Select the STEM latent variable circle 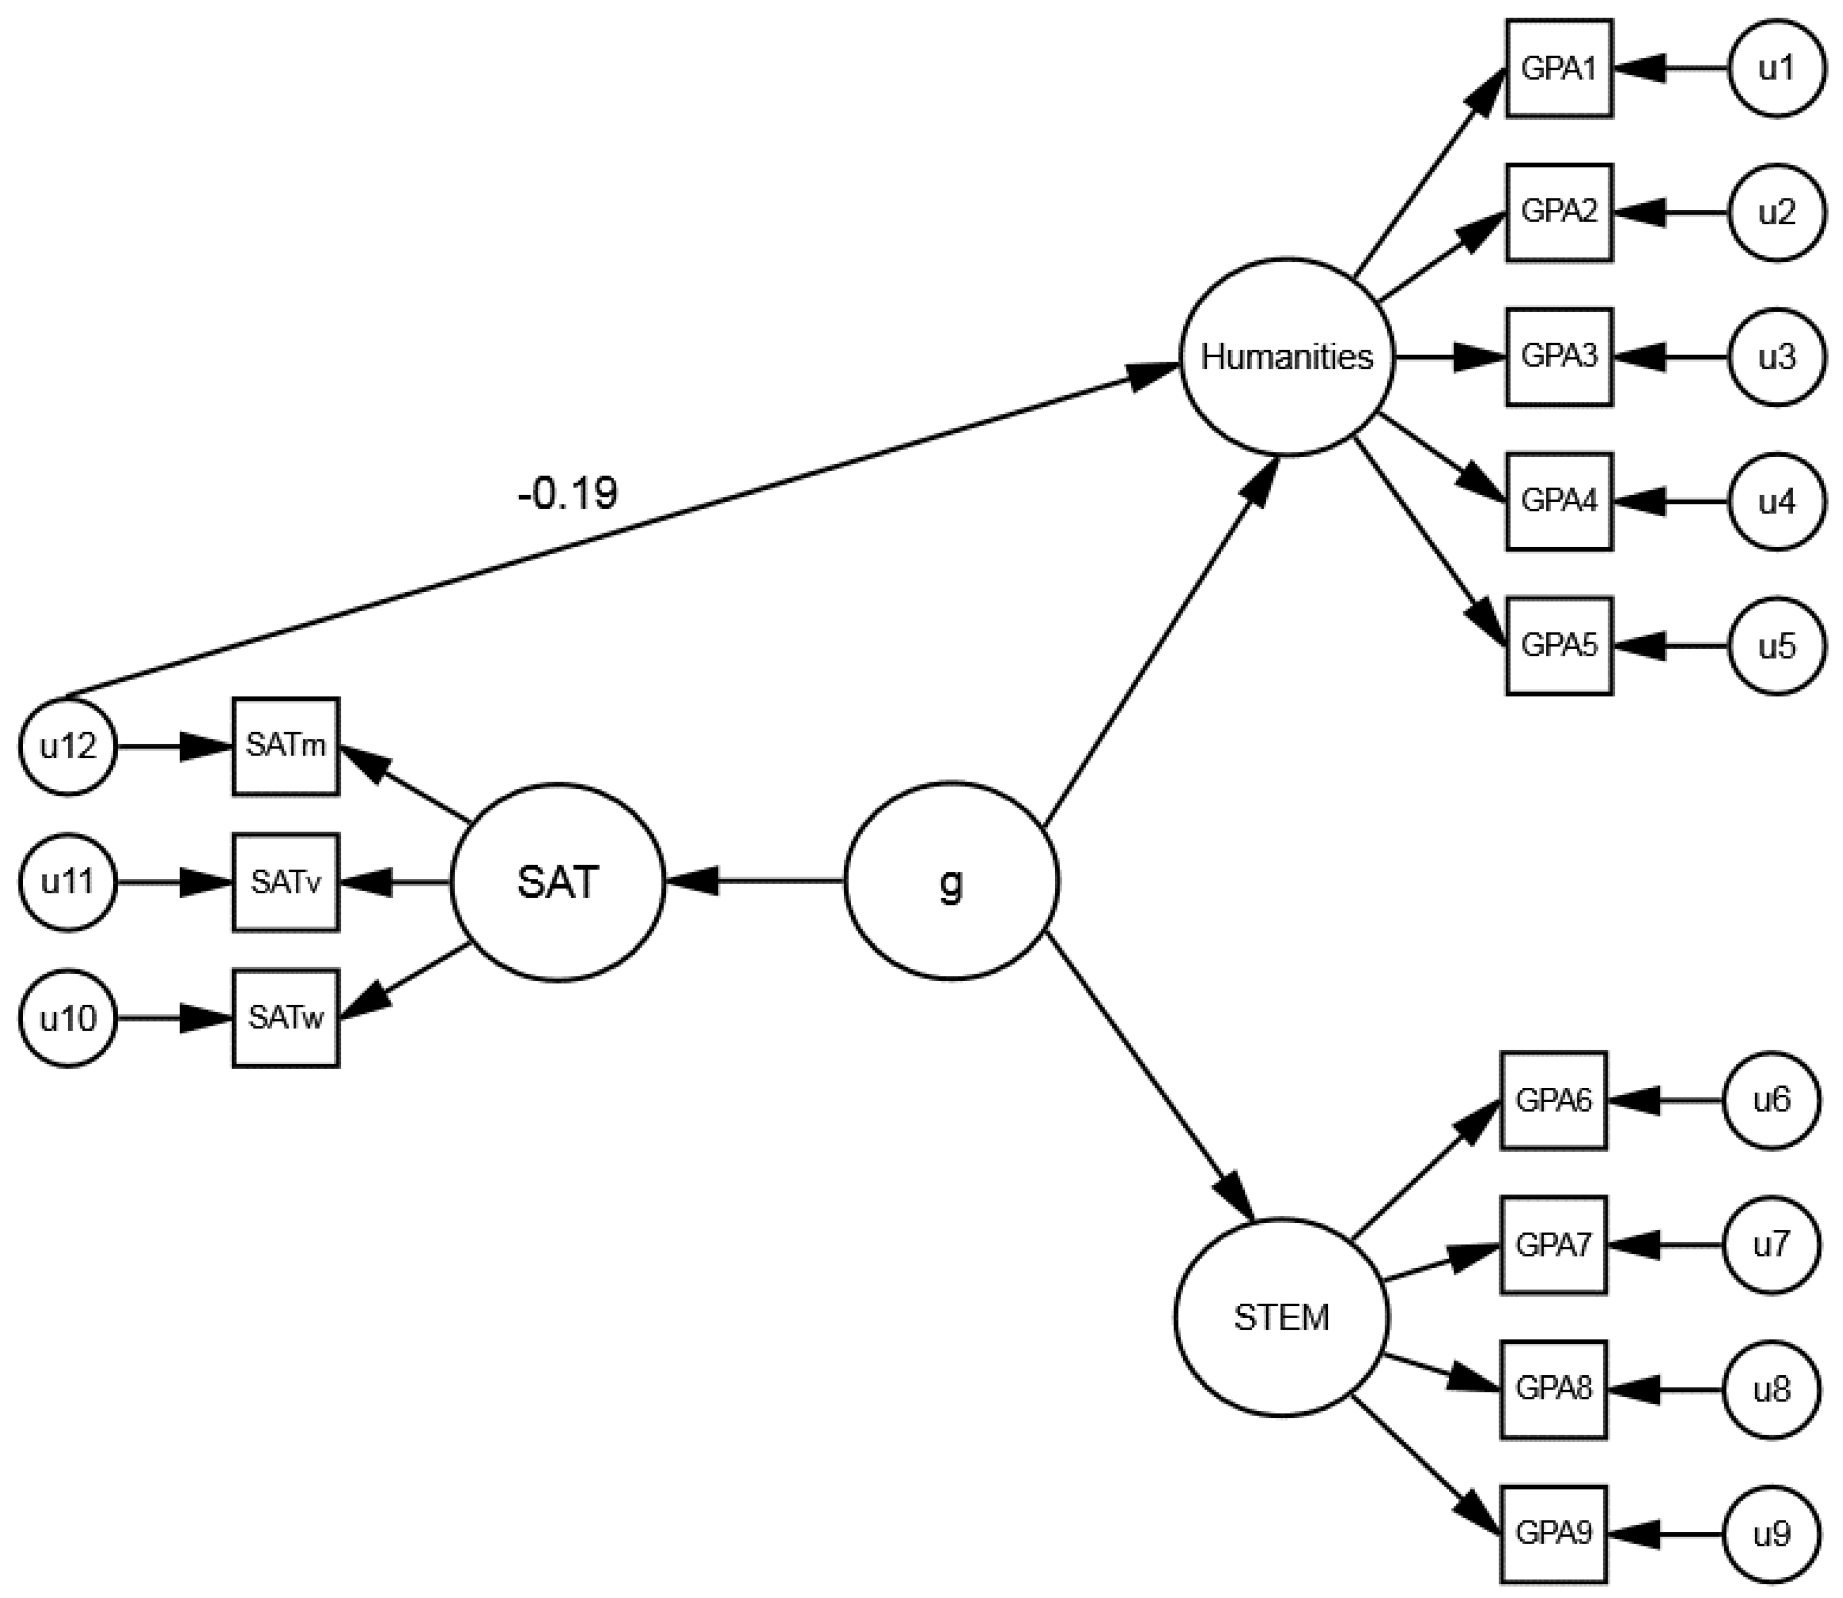pyautogui.click(x=1281, y=1317)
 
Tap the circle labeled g pyautogui.click(x=951, y=882)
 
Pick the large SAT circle pyautogui.click(x=558, y=882)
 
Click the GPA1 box pyautogui.click(x=1558, y=69)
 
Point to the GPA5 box pyautogui.click(x=1558, y=645)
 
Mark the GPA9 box pyautogui.click(x=1553, y=1534)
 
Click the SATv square pyautogui.click(x=285, y=882)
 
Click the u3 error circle pyautogui.click(x=1776, y=357)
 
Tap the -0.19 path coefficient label pyautogui.click(x=567, y=493)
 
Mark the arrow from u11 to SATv pyautogui.click(x=174, y=882)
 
